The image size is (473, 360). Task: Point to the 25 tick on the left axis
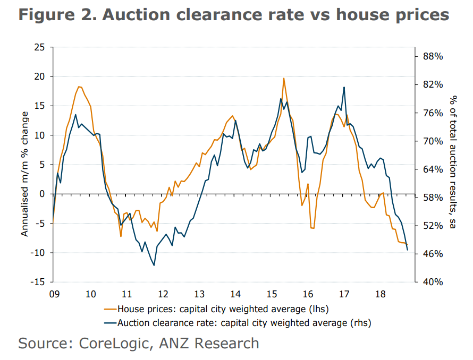pyautogui.click(x=39, y=47)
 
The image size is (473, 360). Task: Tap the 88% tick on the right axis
pyautogui.click(x=432, y=57)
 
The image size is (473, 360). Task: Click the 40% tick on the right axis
pyautogui.click(x=432, y=282)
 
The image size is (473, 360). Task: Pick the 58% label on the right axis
pyautogui.click(x=432, y=198)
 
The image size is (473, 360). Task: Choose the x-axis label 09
pyautogui.click(x=53, y=294)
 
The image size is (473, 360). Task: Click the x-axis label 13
pyautogui.click(x=199, y=294)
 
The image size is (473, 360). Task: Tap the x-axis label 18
pyautogui.click(x=381, y=294)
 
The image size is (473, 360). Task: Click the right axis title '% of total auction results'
pyautogui.click(x=453, y=162)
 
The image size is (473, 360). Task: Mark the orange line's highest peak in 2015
pyautogui.click(x=284, y=78)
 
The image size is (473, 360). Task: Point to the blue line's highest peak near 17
pyautogui.click(x=344, y=87)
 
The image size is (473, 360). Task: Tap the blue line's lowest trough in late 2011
pyautogui.click(x=154, y=265)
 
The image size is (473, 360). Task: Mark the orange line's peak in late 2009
pyautogui.click(x=79, y=87)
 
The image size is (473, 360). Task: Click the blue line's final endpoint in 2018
pyautogui.click(x=408, y=250)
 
